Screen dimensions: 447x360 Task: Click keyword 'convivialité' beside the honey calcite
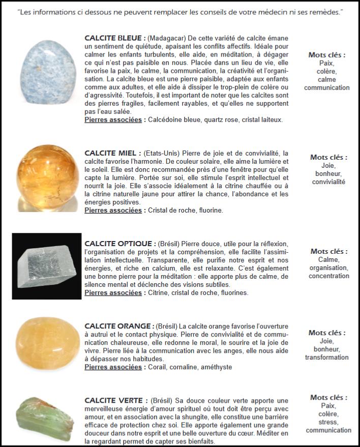tap(328, 182)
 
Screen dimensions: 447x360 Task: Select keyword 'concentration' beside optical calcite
tap(328, 276)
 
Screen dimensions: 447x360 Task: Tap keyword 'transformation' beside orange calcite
tap(327, 357)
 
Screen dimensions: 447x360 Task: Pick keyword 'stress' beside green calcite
tap(328, 422)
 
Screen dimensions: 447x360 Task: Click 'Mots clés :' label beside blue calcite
tap(327, 55)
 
